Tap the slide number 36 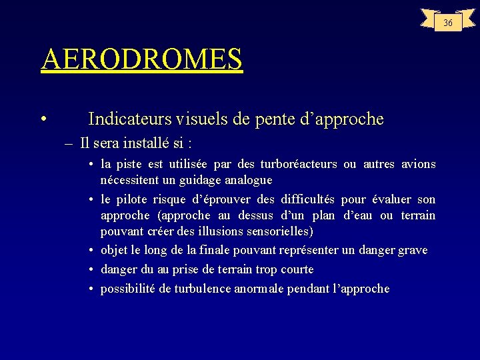[447, 23]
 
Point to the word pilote [133, 199]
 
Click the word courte [297, 269]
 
